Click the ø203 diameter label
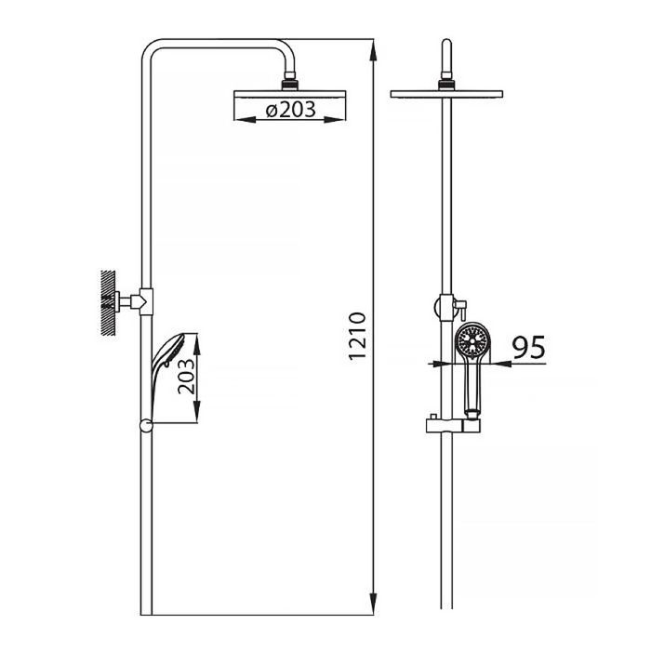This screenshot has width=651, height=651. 290,109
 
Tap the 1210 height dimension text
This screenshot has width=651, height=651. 357,336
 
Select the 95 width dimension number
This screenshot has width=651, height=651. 528,347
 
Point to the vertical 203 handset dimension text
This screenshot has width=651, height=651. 186,376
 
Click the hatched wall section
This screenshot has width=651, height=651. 109,302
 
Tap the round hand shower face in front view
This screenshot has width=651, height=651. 472,341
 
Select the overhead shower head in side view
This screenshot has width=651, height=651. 290,94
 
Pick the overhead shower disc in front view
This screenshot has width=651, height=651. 446,94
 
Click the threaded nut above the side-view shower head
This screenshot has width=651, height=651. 290,82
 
